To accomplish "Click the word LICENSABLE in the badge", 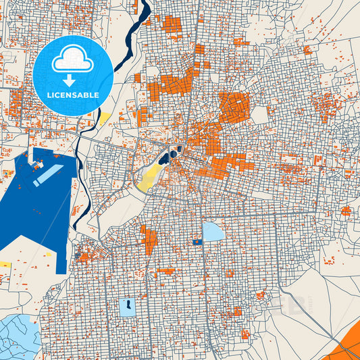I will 72,95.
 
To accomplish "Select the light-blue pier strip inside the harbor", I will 47,174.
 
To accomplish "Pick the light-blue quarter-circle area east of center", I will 213,232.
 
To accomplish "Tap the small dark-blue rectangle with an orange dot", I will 197,241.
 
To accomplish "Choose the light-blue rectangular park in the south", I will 127,307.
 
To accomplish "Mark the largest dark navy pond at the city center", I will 164,159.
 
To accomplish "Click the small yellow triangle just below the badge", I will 105,119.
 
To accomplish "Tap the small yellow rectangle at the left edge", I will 5,264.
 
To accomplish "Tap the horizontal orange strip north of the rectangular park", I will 165,272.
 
